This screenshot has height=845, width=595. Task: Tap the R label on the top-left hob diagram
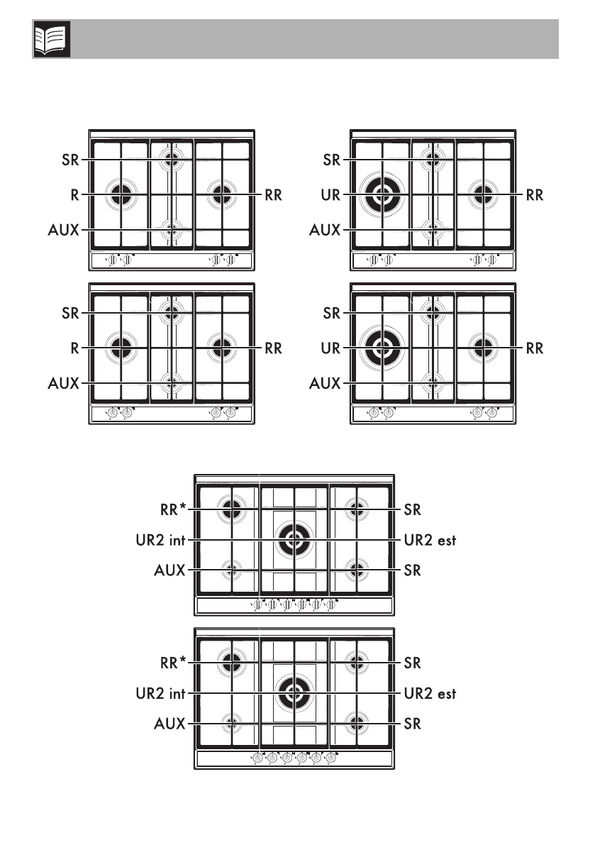point(74,194)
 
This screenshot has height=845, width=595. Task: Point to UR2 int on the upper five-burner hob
point(160,540)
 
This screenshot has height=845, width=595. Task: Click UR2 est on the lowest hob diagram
point(430,694)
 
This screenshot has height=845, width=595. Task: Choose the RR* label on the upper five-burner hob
point(172,509)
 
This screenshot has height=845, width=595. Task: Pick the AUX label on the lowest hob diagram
point(169,724)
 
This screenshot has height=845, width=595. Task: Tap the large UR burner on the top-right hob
point(382,192)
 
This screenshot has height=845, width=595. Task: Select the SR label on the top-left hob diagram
point(70,160)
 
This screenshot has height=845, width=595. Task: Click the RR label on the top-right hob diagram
point(534,194)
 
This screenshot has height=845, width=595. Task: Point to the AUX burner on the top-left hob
point(171,229)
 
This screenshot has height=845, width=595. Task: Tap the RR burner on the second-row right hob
point(483,347)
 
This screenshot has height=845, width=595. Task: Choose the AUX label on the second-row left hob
point(65,384)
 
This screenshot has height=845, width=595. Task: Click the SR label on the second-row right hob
point(331,313)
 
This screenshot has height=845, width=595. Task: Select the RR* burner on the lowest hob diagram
point(230,662)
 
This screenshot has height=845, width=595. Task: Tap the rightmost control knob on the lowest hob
point(330,758)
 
